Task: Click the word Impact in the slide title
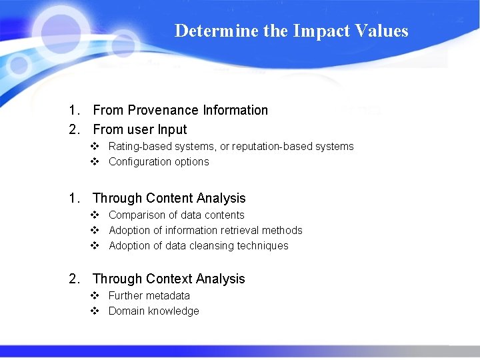pyautogui.click(x=317, y=31)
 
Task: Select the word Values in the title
pyautogui.click(x=383, y=31)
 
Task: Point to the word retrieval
pyautogui.click(x=237, y=230)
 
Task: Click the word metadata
pyautogui.click(x=168, y=295)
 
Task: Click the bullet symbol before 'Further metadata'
pyautogui.click(x=95, y=295)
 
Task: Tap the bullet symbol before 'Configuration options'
pyautogui.click(x=95, y=161)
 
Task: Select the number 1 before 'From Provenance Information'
pyautogui.click(x=73, y=110)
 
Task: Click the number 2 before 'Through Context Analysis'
pyautogui.click(x=73, y=279)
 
